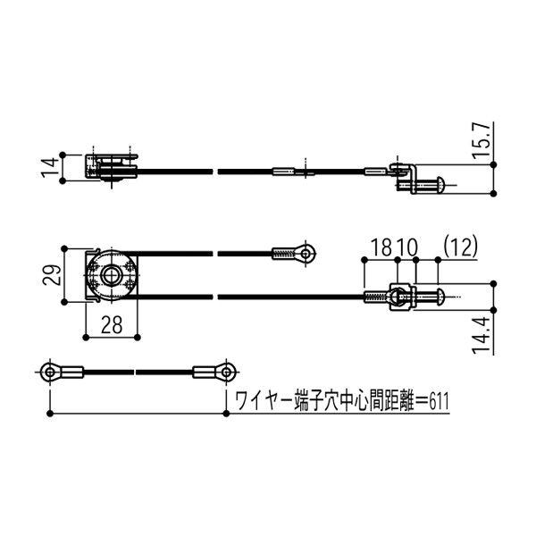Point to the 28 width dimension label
(112, 327)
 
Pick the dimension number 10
(406, 246)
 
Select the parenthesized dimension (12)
(458, 246)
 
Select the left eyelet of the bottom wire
(50, 370)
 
